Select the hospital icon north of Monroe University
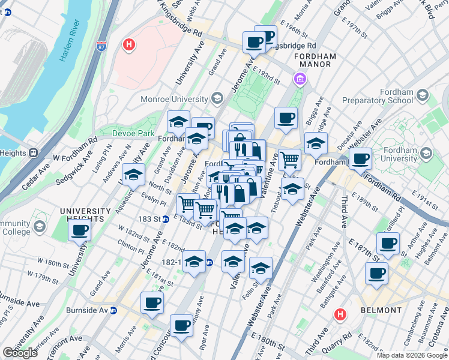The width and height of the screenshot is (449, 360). pyautogui.click(x=128, y=44)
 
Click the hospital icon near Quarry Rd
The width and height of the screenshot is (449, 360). pyautogui.click(x=340, y=314)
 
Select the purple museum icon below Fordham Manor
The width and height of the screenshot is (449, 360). pyautogui.click(x=300, y=79)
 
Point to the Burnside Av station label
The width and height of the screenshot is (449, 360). pyautogui.click(x=103, y=311)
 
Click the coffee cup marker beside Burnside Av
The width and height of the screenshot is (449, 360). pyautogui.click(x=152, y=302)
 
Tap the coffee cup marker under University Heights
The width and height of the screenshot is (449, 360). pyautogui.click(x=79, y=230)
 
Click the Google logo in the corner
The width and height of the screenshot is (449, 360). pyautogui.click(x=20, y=353)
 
